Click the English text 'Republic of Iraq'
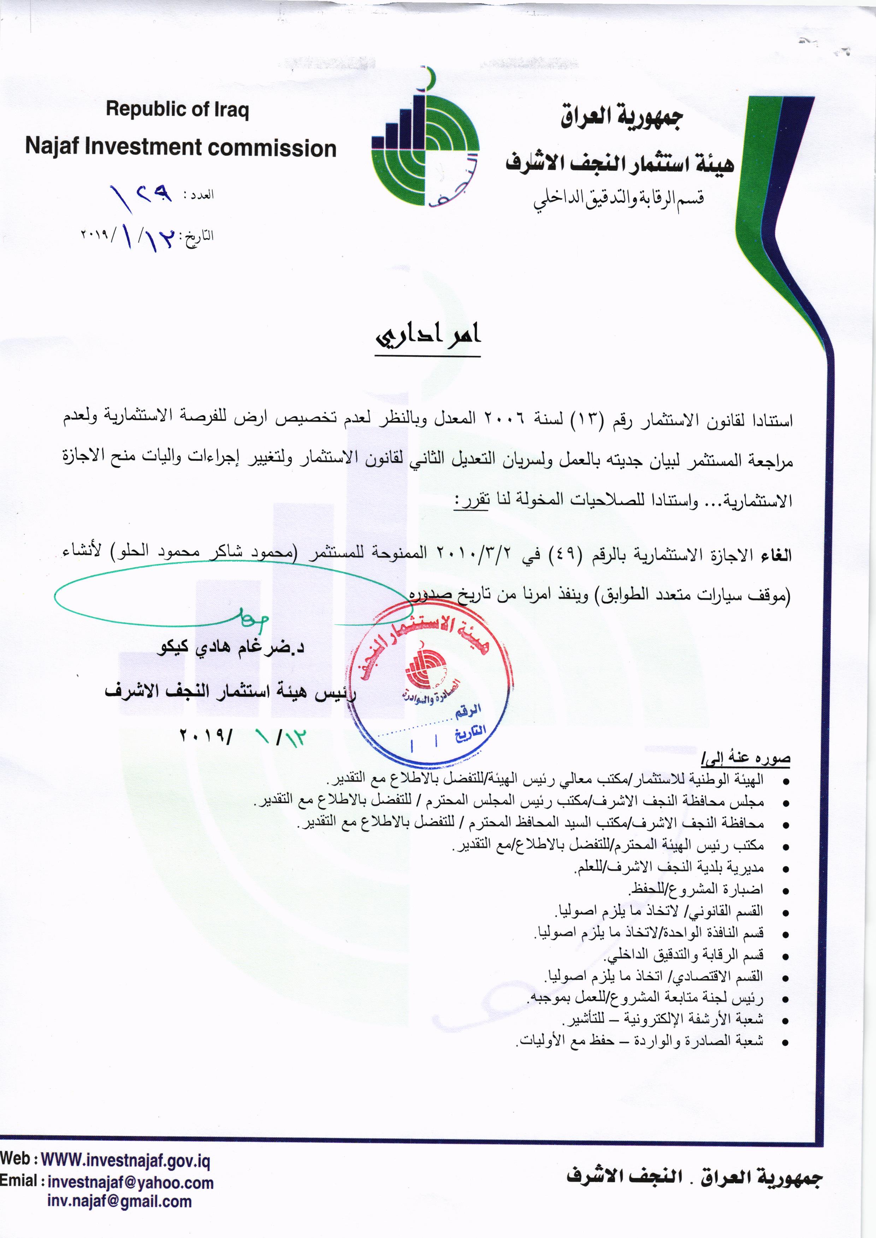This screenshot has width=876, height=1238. coord(177,109)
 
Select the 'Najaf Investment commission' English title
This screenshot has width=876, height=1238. coord(181,147)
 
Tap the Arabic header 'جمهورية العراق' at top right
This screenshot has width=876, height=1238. coord(621,117)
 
